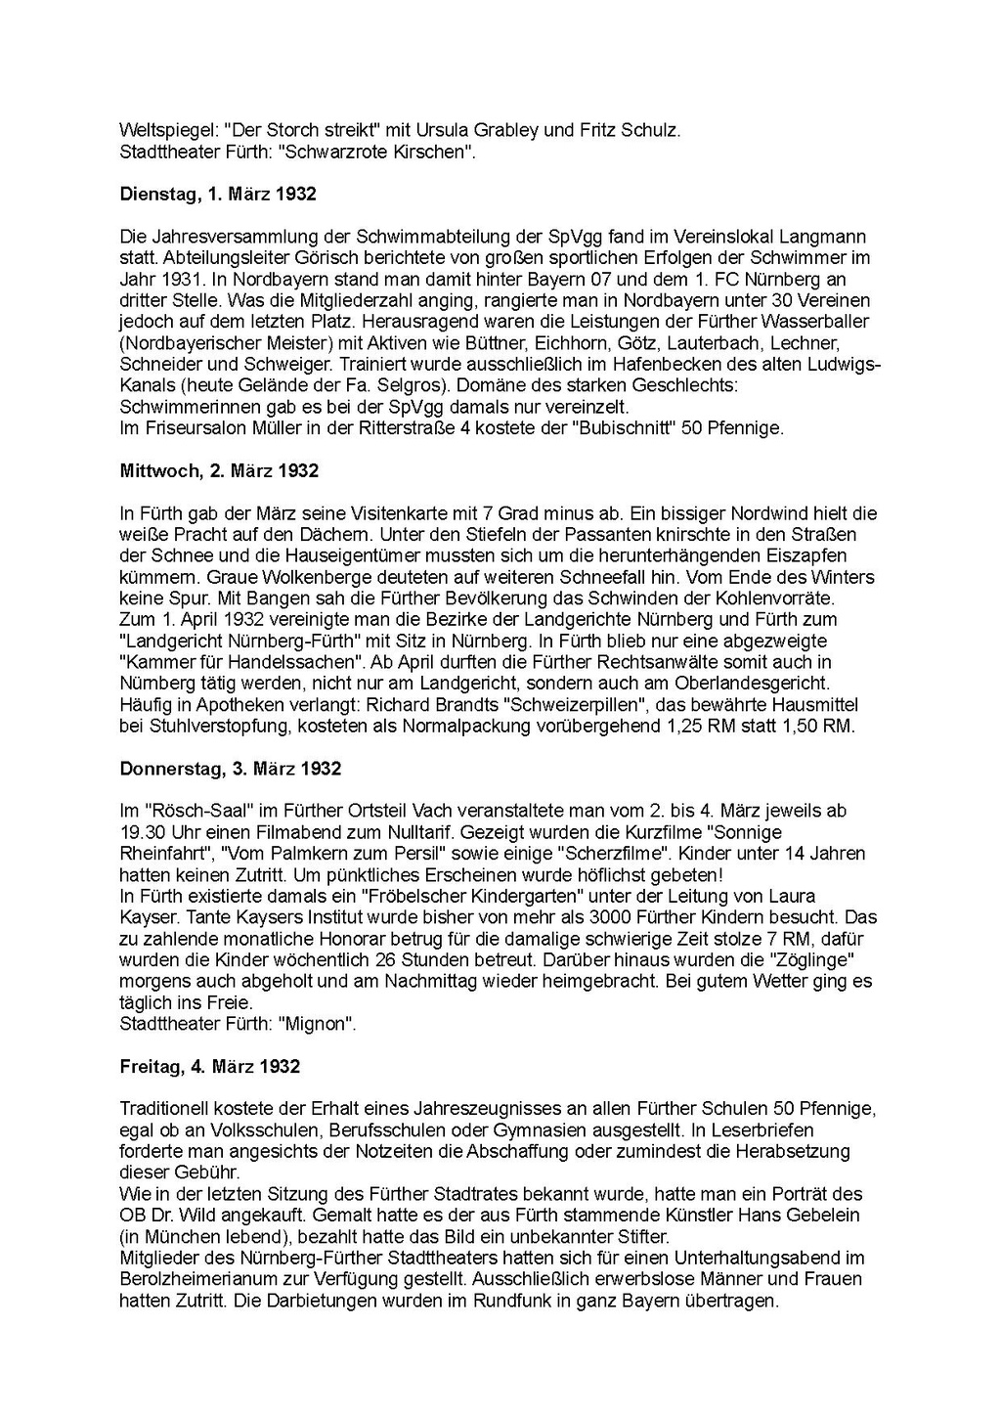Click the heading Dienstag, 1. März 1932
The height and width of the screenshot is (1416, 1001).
tap(218, 194)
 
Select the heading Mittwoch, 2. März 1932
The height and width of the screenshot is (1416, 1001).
tap(219, 470)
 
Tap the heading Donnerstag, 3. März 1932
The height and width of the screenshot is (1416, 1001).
tap(231, 769)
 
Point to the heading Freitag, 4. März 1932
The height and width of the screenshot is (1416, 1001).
tap(209, 1067)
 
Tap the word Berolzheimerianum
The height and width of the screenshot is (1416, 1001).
tap(196, 1280)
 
